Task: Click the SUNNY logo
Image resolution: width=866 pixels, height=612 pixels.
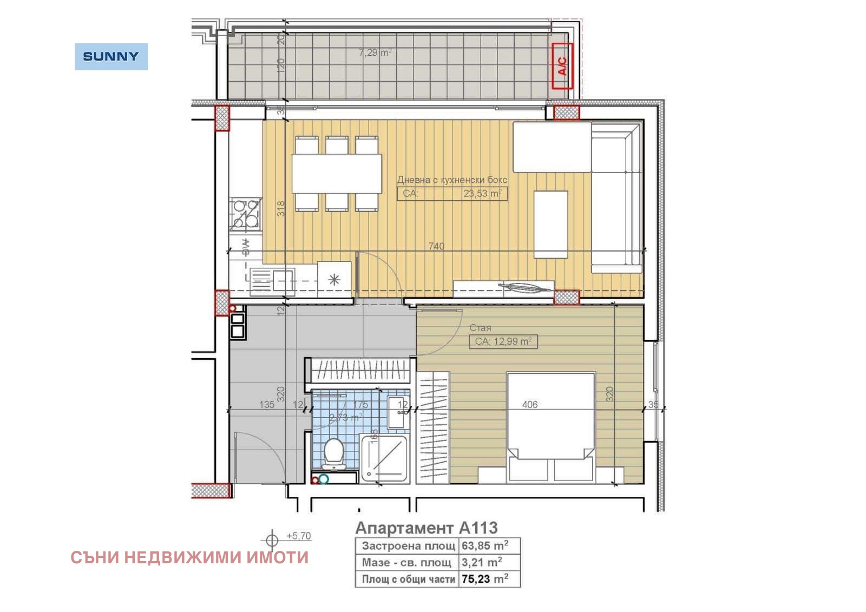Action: pyautogui.click(x=111, y=56)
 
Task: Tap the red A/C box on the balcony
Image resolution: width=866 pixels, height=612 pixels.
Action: pyautogui.click(x=562, y=66)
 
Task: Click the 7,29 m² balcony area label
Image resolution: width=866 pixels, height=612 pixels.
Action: pyautogui.click(x=375, y=52)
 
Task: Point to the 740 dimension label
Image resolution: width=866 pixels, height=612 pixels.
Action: pyautogui.click(x=436, y=246)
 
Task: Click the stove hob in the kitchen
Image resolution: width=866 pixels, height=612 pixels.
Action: pyautogui.click(x=245, y=214)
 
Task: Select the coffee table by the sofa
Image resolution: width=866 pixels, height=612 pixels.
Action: pyautogui.click(x=550, y=224)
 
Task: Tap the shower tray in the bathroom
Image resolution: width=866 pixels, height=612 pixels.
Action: pyautogui.click(x=384, y=457)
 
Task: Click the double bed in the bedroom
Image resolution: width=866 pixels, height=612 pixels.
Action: pyautogui.click(x=550, y=425)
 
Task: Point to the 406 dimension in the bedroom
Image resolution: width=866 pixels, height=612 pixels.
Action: pyautogui.click(x=530, y=404)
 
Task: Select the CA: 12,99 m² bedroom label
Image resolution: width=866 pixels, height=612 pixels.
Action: pyautogui.click(x=503, y=341)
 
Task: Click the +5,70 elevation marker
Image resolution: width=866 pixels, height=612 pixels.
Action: pyautogui.click(x=298, y=536)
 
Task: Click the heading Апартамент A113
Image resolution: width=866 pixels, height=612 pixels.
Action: pyautogui.click(x=426, y=528)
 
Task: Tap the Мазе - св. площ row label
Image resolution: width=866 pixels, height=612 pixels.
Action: pyautogui.click(x=406, y=562)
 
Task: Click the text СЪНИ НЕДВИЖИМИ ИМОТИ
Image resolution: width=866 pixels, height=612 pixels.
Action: pyautogui.click(x=189, y=557)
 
